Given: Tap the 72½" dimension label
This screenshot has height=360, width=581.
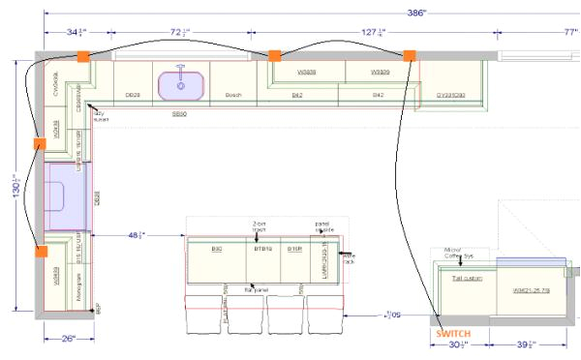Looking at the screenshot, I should pyautogui.click(x=180, y=33).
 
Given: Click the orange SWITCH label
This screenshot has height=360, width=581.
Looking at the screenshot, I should pyautogui.click(x=452, y=333).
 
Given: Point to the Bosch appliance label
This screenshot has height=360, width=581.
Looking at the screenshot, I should pyautogui.click(x=232, y=95).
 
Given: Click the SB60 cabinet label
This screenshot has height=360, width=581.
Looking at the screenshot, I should pyautogui.click(x=179, y=113).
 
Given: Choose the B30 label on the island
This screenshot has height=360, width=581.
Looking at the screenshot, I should pyautogui.click(x=218, y=249).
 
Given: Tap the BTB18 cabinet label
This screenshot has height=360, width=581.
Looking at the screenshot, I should pyautogui.click(x=261, y=249).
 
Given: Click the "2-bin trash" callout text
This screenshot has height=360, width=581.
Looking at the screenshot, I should pyautogui.click(x=259, y=226).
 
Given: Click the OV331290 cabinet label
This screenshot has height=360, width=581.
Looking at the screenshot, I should pyautogui.click(x=451, y=95).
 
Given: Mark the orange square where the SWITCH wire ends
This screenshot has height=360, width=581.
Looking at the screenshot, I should pyautogui.click(x=411, y=55).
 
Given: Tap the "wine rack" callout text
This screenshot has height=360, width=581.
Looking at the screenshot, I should pyautogui.click(x=349, y=257).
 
